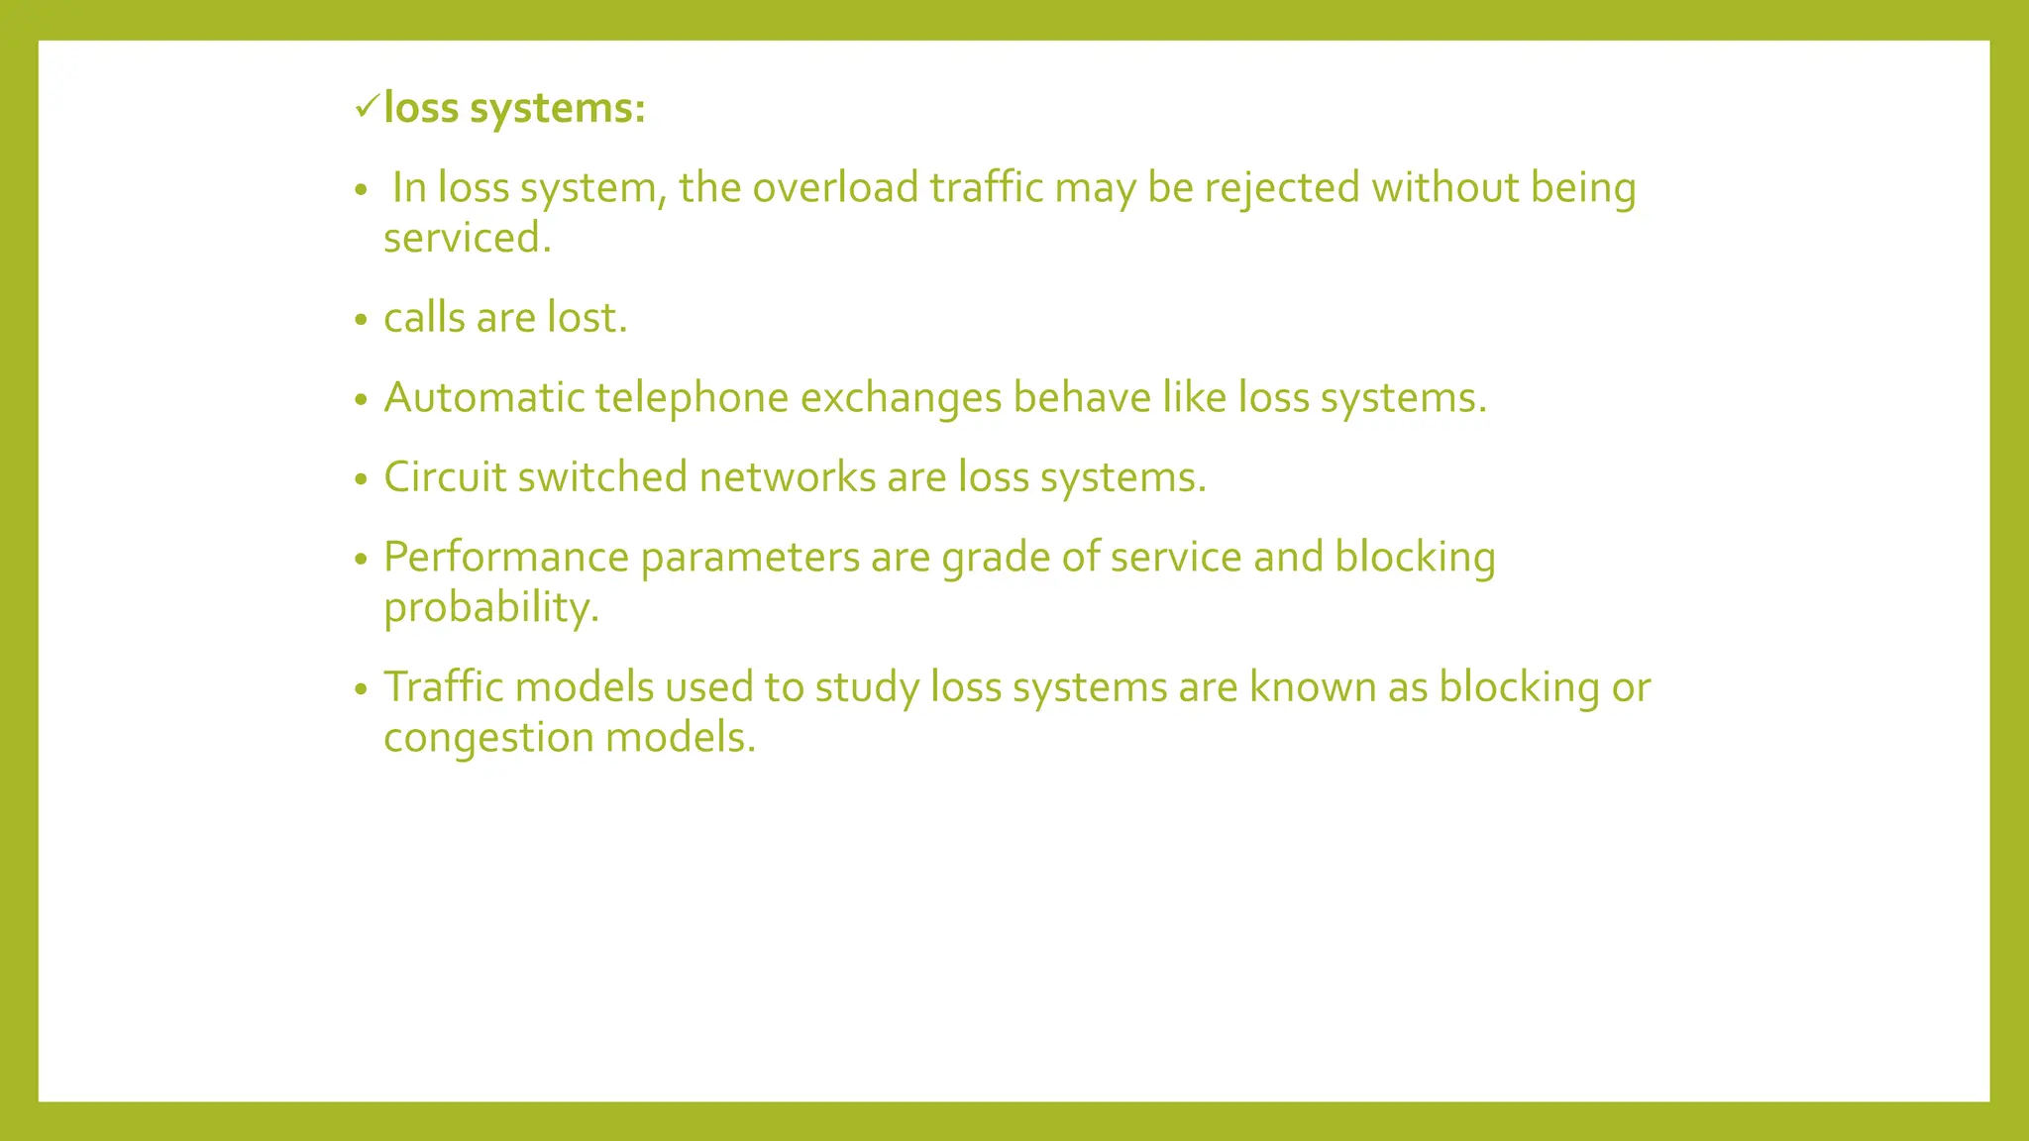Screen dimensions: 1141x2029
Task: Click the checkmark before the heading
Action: [367, 105]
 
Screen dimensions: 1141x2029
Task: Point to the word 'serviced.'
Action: [467, 238]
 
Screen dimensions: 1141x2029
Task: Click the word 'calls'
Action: [424, 318]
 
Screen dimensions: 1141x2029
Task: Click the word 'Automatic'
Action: [483, 398]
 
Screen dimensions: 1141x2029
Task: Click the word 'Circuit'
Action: [445, 477]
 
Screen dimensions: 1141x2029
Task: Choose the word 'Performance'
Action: [505, 558]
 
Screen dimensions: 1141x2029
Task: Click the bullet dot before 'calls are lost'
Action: [361, 320]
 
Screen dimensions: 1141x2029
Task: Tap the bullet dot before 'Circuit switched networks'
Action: [361, 479]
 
